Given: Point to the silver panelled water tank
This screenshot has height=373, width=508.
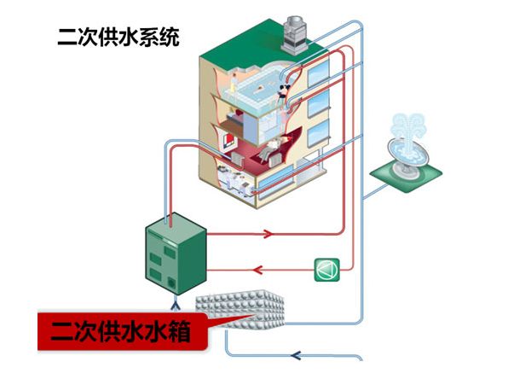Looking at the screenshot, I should [x=243, y=312].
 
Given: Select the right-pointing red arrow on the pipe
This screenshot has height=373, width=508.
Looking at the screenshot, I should [x=271, y=233].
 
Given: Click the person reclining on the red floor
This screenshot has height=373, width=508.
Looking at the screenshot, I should [x=273, y=154].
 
